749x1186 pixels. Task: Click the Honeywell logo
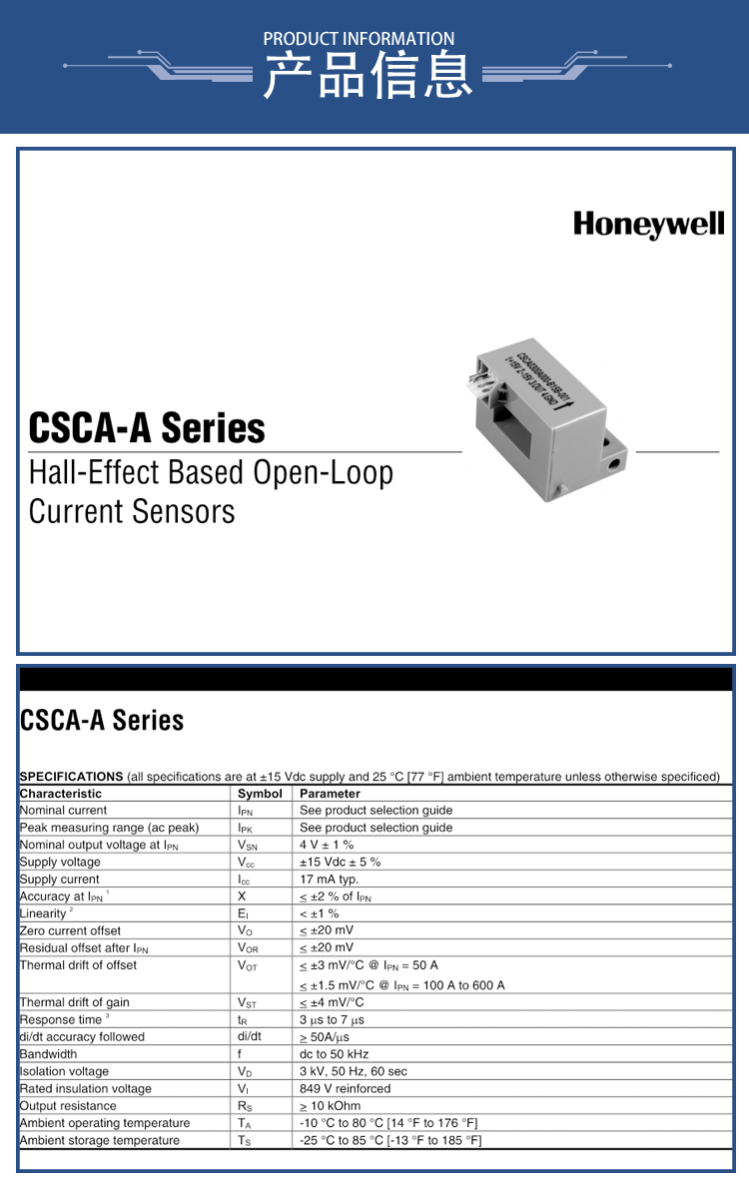coord(648,225)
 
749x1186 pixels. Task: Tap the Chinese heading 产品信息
coord(368,76)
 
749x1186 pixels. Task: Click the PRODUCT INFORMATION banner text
coord(359,39)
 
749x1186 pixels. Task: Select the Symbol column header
coord(260,794)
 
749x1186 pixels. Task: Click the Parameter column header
coord(330,794)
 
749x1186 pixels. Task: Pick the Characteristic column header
coord(61,794)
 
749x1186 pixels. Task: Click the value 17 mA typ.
coord(329,880)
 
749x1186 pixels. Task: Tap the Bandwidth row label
coord(48,1054)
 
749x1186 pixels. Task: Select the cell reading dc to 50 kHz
coord(334,1054)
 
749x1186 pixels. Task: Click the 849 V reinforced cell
coord(345,1088)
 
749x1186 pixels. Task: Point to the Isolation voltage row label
coord(64,1071)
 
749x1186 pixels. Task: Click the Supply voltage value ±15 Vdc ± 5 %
coord(340,862)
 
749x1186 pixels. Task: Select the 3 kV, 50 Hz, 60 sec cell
coord(353,1071)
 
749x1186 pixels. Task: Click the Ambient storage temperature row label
coord(100,1140)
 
